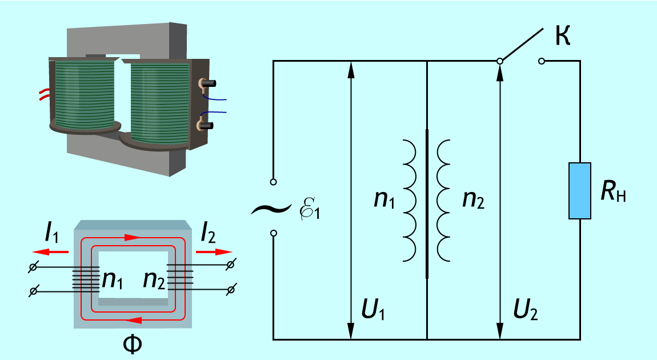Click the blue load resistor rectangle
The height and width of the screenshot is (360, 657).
point(579,191)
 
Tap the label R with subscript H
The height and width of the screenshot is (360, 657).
point(613,191)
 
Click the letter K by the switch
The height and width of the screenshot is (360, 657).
point(563,35)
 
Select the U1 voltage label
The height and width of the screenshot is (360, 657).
point(373,310)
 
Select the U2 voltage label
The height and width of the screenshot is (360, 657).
point(526,310)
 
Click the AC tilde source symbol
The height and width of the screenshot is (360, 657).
point(271,209)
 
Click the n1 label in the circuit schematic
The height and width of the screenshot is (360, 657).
point(384,199)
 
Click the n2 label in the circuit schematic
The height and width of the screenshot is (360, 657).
point(473,199)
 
